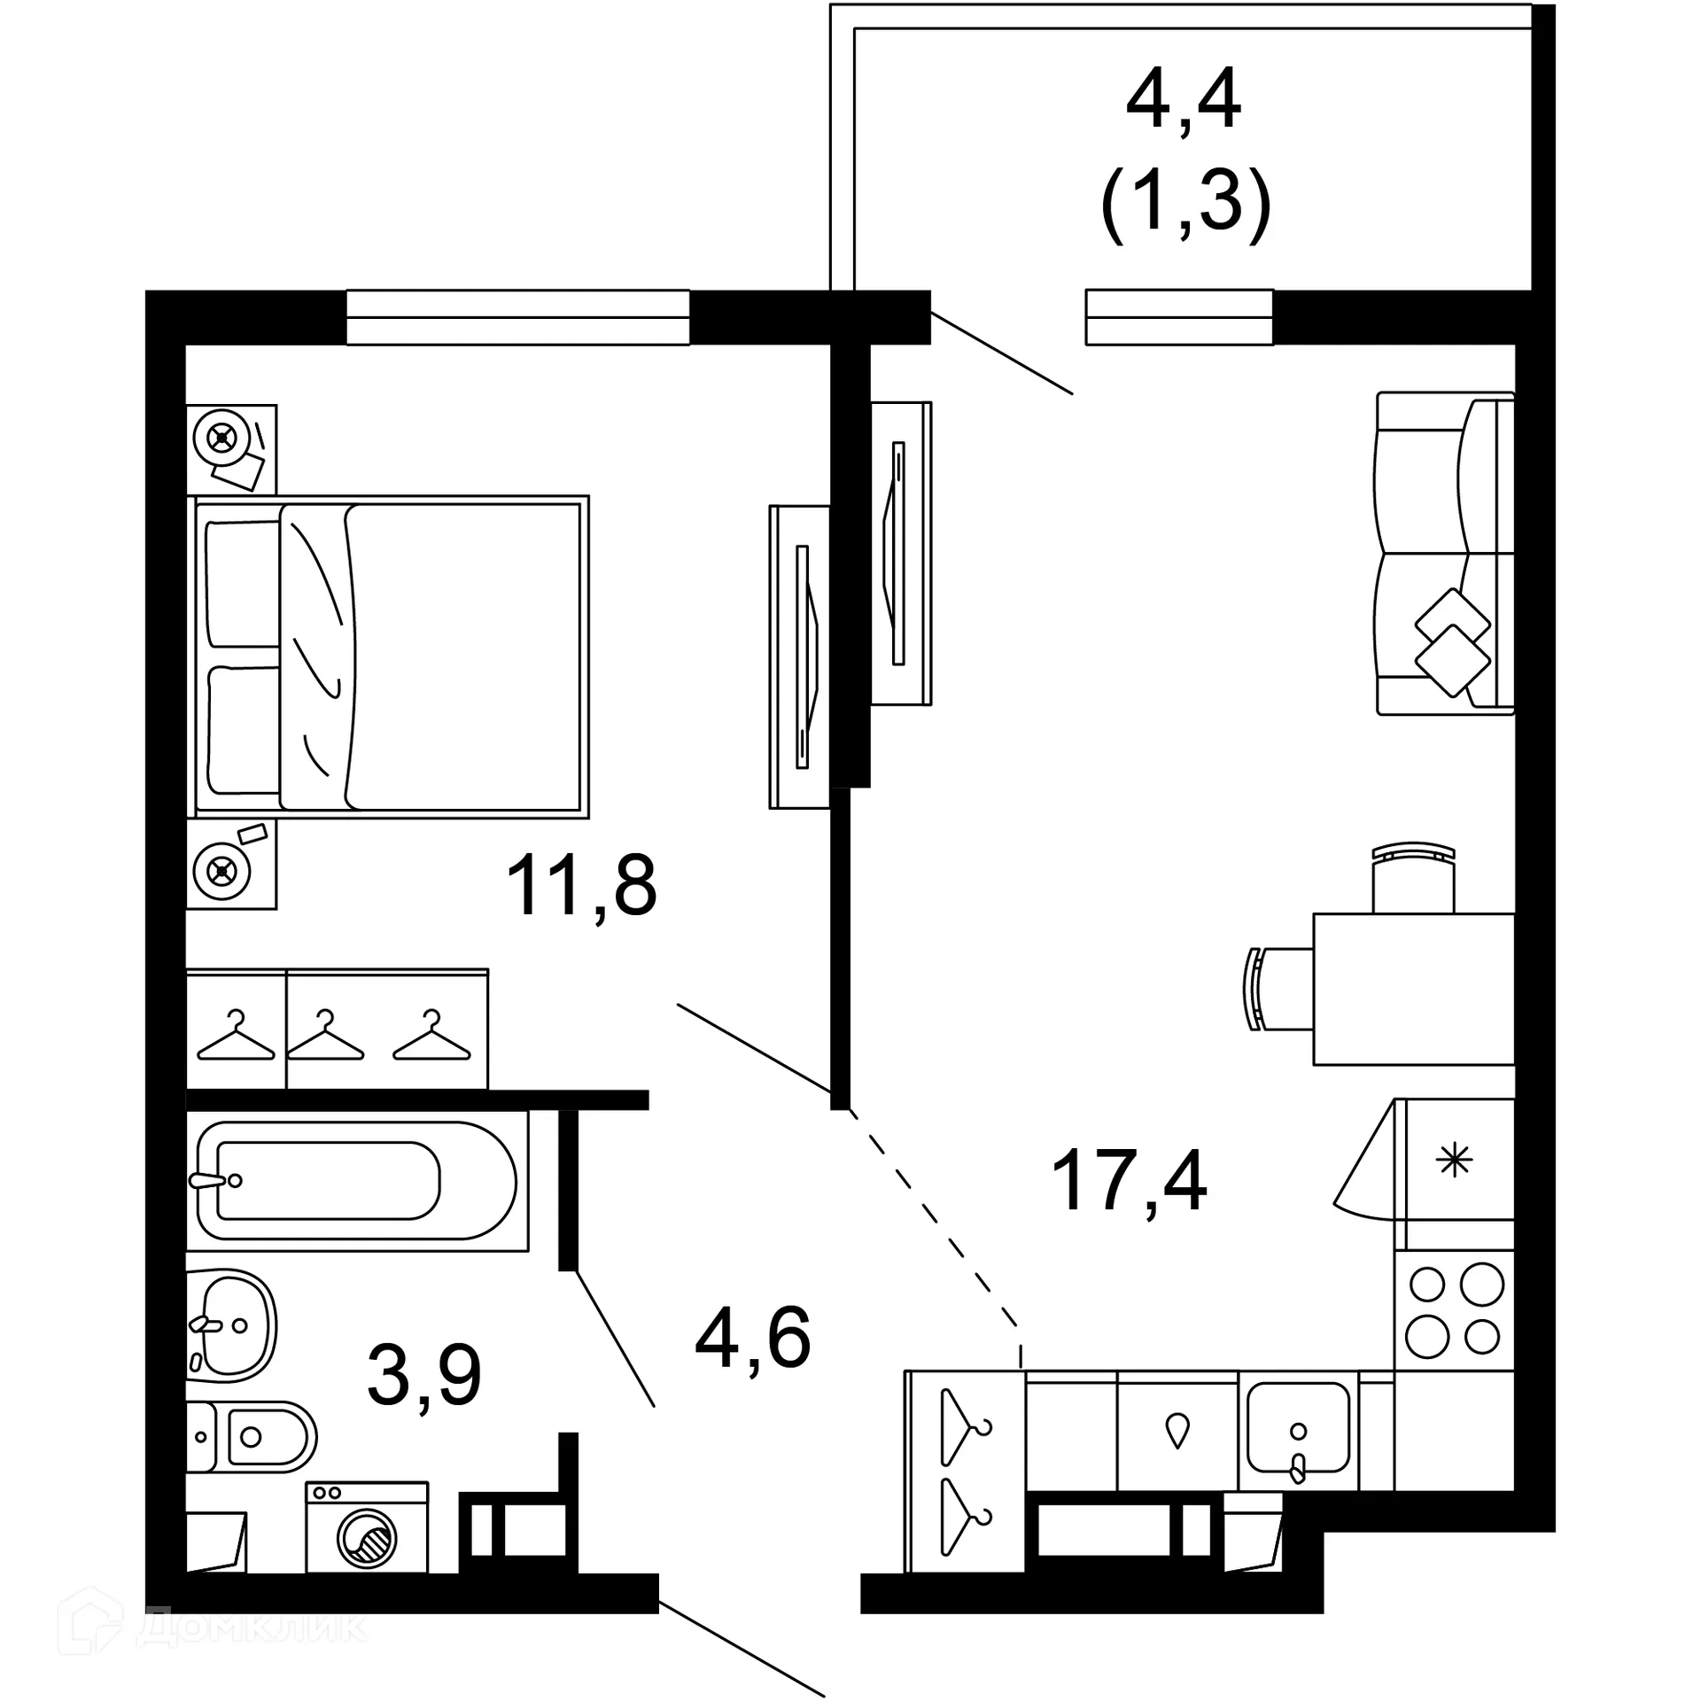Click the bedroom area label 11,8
click(x=581, y=886)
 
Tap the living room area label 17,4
click(x=1129, y=1179)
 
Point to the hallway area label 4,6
click(x=753, y=1338)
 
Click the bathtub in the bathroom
click(x=354, y=1181)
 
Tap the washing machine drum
click(x=367, y=1540)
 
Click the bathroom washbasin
click(x=232, y=1325)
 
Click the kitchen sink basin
click(x=1298, y=1427)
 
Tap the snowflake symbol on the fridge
click(x=1455, y=1160)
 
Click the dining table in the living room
click(x=1413, y=989)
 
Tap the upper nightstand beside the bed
click(x=231, y=449)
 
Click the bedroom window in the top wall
click(x=517, y=317)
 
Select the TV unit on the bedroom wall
click(x=799, y=656)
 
